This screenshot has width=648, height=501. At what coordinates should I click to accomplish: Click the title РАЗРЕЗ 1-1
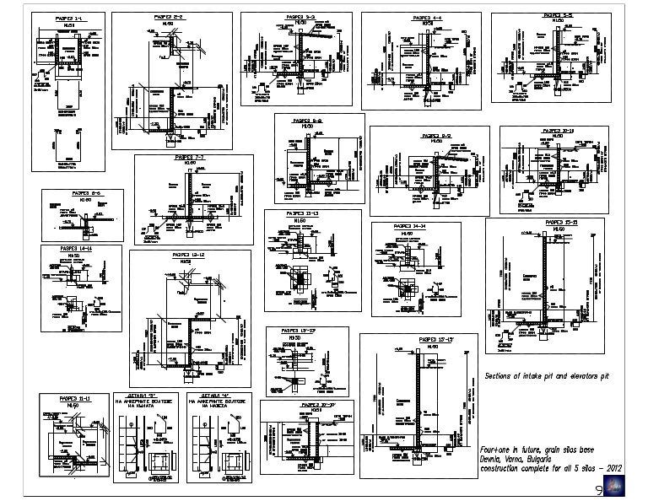pos(67,18)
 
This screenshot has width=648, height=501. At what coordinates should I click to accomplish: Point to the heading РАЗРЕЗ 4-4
pos(428,17)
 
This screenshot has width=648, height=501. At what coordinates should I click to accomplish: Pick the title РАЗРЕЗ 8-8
pos(310,121)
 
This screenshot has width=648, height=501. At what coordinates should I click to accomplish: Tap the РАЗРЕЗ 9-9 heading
pos(437,134)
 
